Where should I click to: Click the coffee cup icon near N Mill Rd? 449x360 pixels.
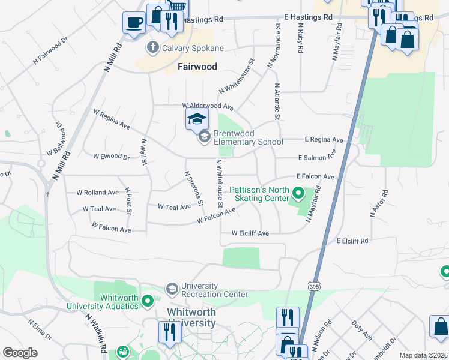(133, 23)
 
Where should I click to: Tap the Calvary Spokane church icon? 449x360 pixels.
(153, 47)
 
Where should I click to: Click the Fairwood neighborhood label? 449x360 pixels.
(197, 67)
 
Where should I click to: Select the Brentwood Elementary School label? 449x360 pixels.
(248, 137)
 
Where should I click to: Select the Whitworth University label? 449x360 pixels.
(191, 317)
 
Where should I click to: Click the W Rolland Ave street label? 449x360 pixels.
(97, 193)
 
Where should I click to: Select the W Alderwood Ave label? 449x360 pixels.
(208, 106)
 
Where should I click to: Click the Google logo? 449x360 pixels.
(20, 353)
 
